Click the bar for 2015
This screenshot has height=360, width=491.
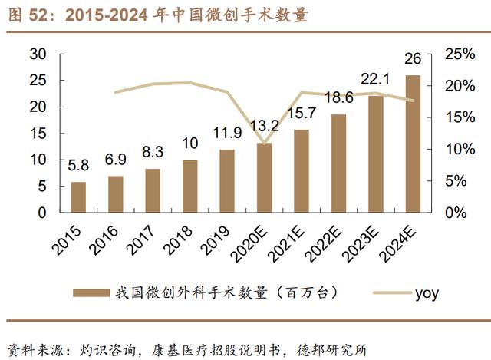coord(78,197)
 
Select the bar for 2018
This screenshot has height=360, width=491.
coord(189,187)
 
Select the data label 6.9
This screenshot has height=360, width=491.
coord(115,160)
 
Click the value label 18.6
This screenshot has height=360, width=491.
coord(339,97)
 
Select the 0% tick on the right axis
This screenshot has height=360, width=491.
coord(447,212)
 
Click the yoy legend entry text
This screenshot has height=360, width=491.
coord(427,292)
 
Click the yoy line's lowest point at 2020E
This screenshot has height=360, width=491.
coord(264,143)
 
